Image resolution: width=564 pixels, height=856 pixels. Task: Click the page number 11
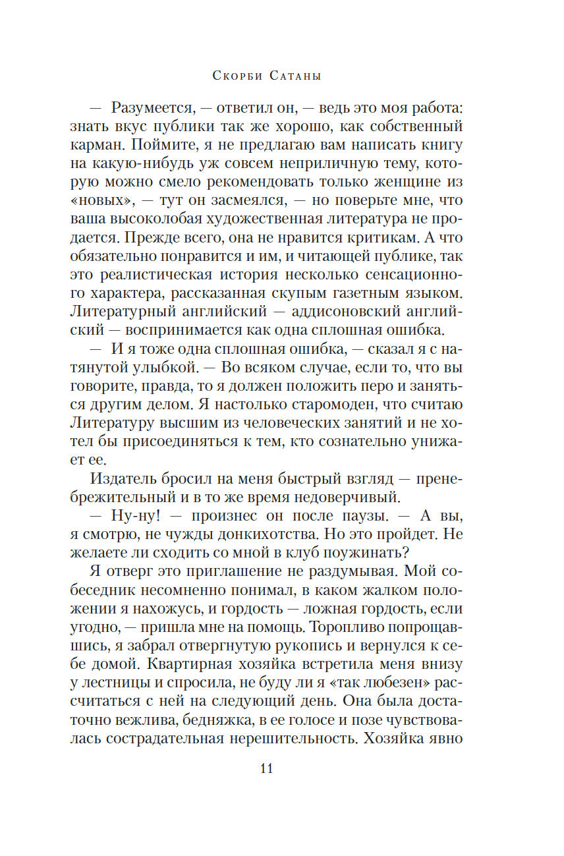[x=266, y=768]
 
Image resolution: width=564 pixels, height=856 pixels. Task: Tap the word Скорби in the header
[x=237, y=76]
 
